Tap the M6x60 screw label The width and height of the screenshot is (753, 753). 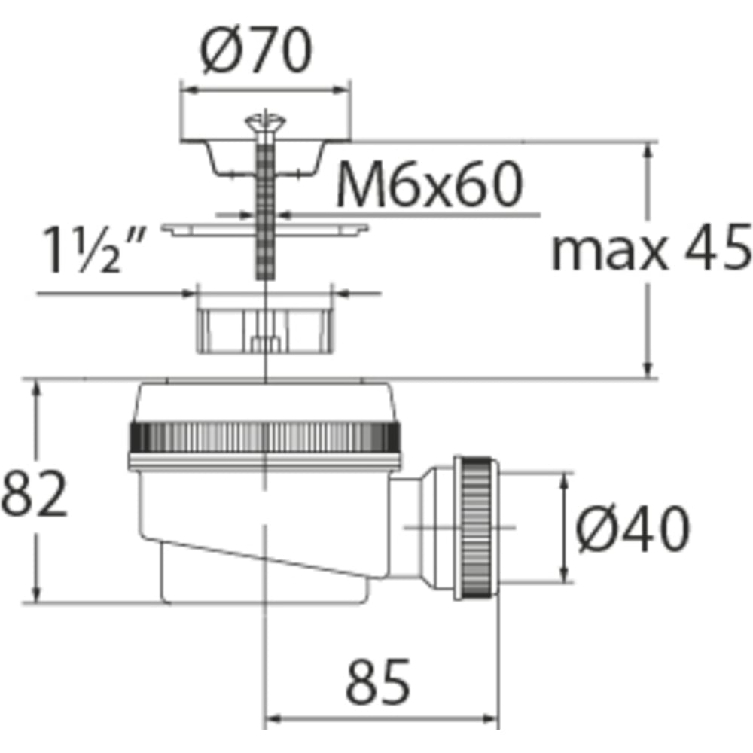430,184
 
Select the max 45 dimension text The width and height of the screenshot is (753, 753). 651,248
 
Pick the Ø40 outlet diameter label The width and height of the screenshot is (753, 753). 633,529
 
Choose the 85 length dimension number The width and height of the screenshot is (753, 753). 378,682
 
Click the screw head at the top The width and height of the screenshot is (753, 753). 265,123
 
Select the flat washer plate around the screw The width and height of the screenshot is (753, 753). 264,230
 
